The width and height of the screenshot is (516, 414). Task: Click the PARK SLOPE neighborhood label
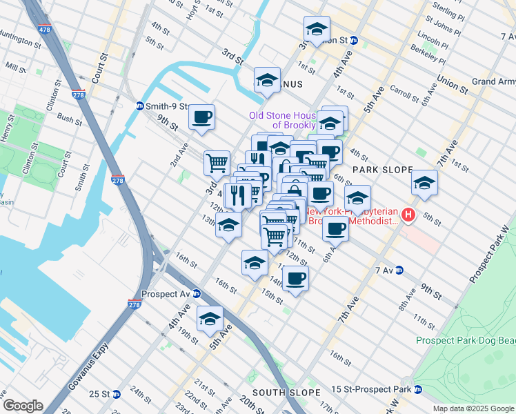click(382, 169)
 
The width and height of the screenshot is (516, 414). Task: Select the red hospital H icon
click(408, 215)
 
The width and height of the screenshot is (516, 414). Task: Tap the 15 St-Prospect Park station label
click(375, 390)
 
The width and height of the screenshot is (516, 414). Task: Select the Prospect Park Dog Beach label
click(465, 340)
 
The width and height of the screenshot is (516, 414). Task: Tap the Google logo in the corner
click(22, 406)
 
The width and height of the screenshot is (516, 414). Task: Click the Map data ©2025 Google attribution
click(473, 408)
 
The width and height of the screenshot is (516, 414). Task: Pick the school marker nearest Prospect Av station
click(210, 319)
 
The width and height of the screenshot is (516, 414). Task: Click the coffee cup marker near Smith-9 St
click(201, 117)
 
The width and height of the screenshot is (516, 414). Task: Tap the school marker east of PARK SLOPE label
click(424, 183)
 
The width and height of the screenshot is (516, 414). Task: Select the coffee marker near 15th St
click(295, 278)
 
